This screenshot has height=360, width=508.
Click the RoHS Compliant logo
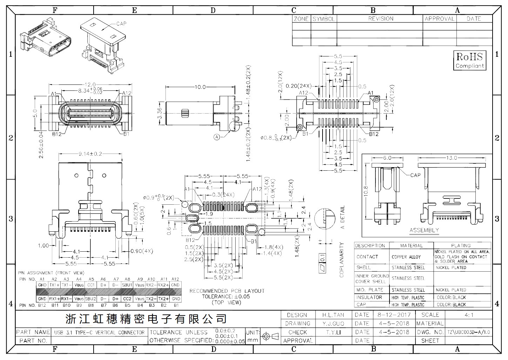469,60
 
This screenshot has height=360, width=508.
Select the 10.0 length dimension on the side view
200,87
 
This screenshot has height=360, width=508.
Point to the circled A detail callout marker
216,137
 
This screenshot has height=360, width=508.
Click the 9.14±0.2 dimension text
90,154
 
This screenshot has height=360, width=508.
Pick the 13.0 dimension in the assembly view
451,158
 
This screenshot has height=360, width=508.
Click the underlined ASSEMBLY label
424,230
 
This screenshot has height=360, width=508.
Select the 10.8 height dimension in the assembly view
366,191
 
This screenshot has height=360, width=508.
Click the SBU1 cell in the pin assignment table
127,285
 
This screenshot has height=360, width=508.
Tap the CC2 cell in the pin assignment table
127,299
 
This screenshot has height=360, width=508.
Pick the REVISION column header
380,19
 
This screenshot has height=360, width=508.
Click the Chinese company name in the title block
146,319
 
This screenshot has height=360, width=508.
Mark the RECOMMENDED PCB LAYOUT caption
227,291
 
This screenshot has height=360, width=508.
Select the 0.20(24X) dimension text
298,86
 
